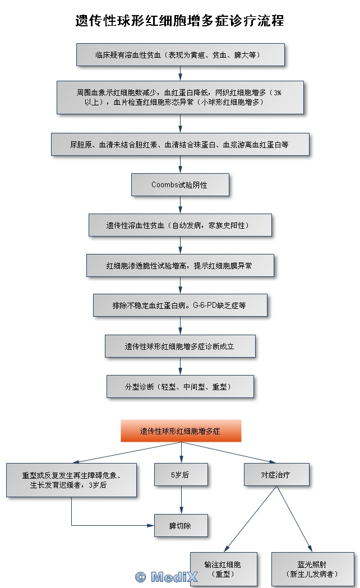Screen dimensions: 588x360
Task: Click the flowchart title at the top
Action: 180,21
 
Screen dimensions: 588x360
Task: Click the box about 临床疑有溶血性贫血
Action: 180,55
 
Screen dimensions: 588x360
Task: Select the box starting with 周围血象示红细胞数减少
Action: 180,98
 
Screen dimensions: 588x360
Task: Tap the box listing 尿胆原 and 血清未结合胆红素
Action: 180,144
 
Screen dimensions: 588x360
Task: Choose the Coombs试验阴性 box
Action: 180,184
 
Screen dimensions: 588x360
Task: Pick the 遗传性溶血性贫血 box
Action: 180,225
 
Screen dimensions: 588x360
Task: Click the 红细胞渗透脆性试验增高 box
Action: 180,265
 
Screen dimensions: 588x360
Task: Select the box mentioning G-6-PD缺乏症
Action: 180,305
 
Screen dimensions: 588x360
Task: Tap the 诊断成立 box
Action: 180,346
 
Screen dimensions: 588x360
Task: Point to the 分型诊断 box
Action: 180,386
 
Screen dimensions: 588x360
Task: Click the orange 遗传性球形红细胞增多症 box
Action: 181,431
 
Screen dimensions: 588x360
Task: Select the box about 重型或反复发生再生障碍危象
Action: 71,480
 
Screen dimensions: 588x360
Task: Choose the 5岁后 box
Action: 181,474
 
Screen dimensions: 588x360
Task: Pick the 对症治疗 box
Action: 276,474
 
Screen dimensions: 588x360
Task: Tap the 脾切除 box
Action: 181,525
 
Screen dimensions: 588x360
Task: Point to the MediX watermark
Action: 167,576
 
